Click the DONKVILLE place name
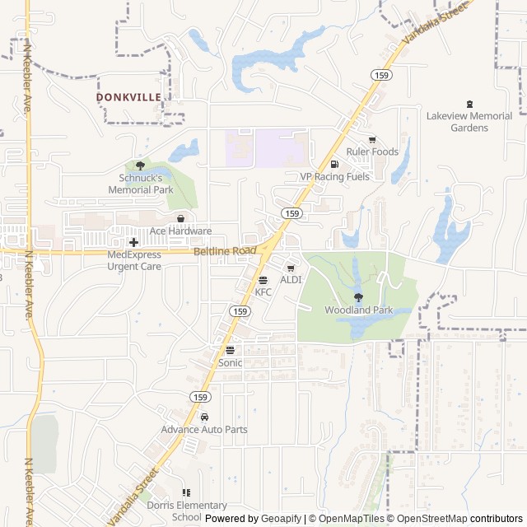128,96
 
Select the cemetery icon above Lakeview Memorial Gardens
470,104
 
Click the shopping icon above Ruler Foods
372,139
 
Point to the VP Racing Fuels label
334,176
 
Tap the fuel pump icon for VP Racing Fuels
334,164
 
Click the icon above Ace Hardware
180,218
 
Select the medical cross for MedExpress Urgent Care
133,242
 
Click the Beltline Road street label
225,251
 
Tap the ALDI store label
291,280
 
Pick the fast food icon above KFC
263,280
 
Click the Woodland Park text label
358,310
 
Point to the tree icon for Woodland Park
358,297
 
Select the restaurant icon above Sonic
230,350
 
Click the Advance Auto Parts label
204,429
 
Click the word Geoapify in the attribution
282,519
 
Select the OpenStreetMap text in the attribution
427,519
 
